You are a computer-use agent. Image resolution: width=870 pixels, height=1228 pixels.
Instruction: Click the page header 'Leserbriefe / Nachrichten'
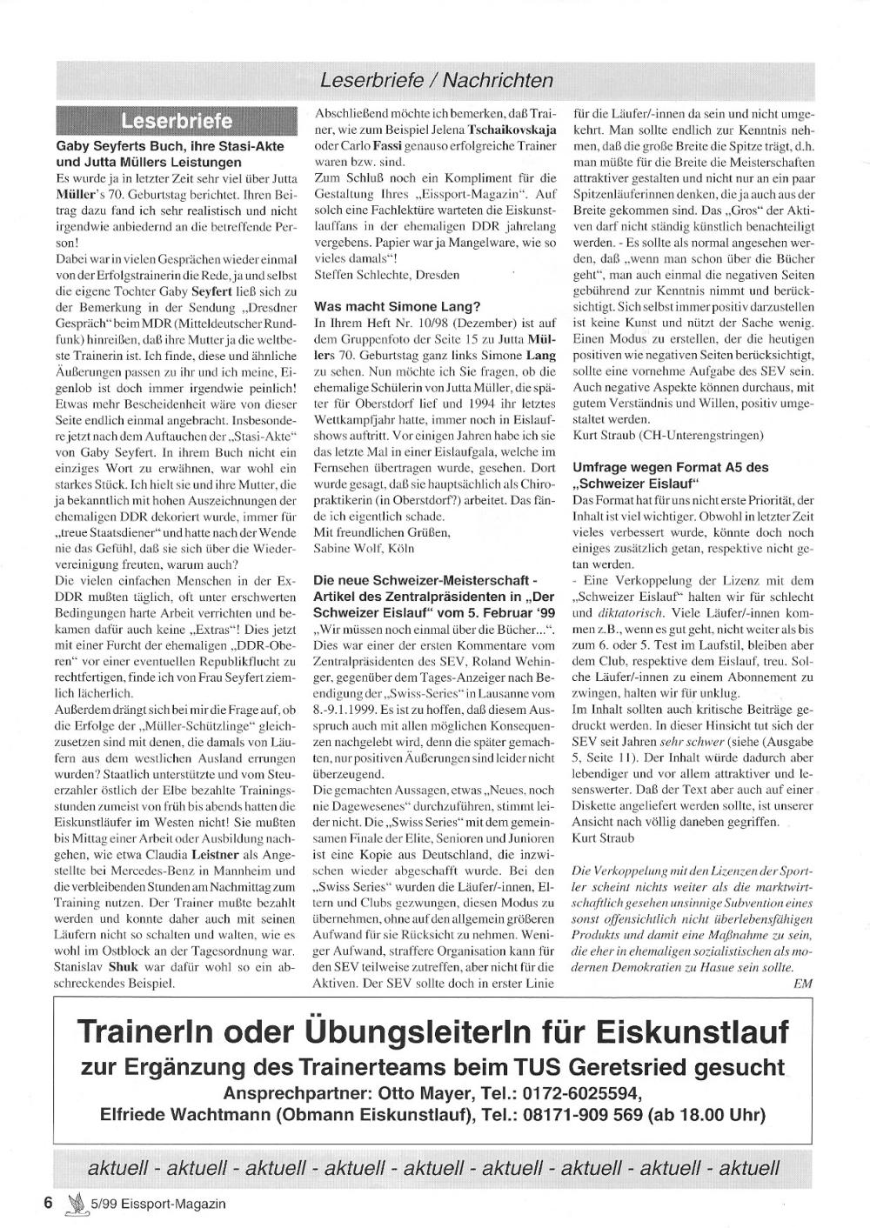pos(436,81)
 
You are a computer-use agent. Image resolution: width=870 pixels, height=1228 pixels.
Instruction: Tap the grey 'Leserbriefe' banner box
pos(177,120)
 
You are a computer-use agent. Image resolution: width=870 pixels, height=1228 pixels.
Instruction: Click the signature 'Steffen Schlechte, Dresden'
pos(375,275)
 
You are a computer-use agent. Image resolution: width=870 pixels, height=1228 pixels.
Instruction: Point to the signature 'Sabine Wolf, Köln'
pos(364,548)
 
